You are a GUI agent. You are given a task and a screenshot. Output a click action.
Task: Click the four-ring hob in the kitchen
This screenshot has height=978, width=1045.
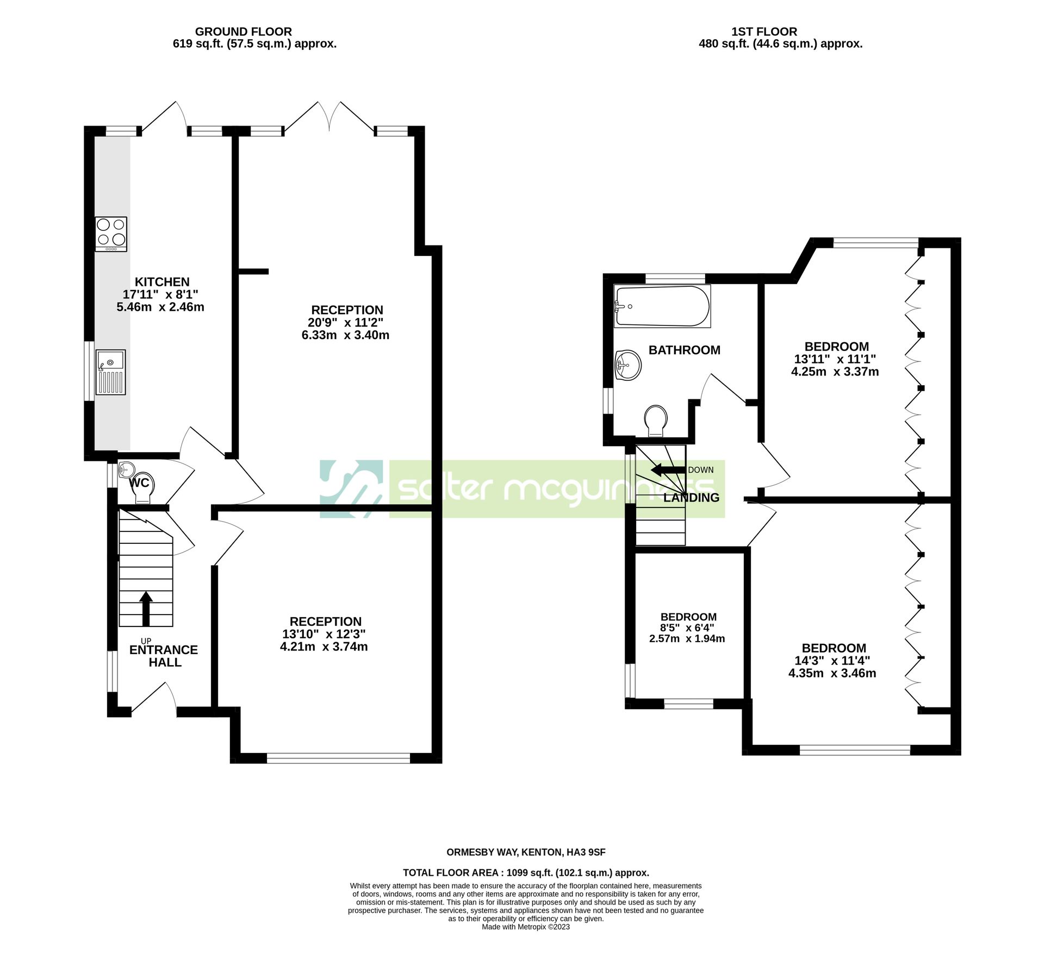pyautogui.click(x=111, y=234)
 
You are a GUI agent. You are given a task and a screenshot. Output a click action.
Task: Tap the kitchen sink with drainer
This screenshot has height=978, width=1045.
pyautogui.click(x=111, y=372)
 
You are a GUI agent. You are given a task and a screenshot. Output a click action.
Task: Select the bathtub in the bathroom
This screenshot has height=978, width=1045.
pyautogui.click(x=662, y=306)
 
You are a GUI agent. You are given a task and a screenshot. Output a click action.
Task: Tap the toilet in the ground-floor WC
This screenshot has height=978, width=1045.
pyautogui.click(x=142, y=487)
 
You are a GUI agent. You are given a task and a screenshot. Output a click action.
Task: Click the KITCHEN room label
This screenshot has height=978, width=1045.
pyautogui.click(x=162, y=282)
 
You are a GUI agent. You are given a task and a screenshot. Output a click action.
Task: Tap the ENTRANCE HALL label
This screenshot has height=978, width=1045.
pyautogui.click(x=164, y=656)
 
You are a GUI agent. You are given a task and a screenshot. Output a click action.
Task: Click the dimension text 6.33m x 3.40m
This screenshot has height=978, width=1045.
pyautogui.click(x=345, y=335)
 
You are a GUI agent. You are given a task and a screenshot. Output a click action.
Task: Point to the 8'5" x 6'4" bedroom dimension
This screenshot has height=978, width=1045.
pyautogui.click(x=687, y=628)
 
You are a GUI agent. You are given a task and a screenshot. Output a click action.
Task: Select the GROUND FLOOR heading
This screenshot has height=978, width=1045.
pyautogui.click(x=243, y=32)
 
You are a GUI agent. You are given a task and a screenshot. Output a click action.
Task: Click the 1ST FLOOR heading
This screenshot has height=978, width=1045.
pyautogui.click(x=764, y=32)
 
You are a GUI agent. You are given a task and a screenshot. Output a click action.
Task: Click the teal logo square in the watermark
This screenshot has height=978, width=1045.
pyautogui.click(x=351, y=488)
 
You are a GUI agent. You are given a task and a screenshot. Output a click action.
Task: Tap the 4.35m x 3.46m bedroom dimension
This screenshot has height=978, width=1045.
pyautogui.click(x=832, y=673)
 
